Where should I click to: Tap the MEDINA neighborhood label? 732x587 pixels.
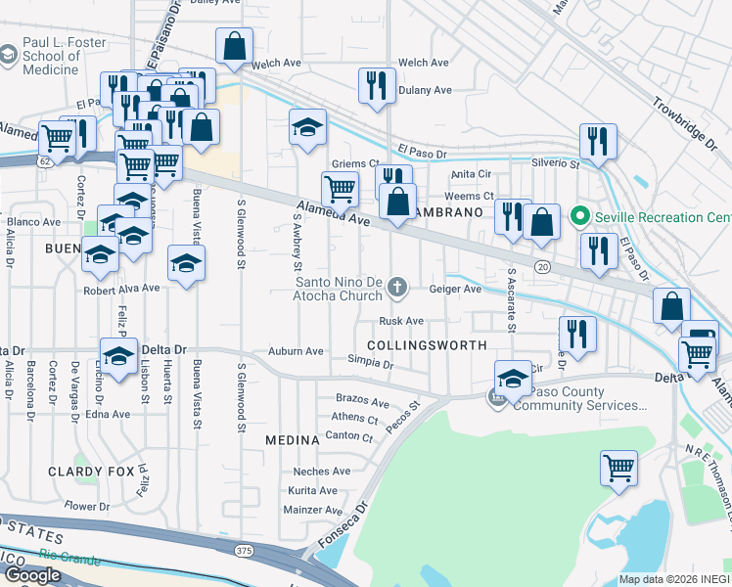point(293,440)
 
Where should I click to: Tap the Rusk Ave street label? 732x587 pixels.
point(402,321)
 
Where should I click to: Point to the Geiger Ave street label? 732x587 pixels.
point(455,289)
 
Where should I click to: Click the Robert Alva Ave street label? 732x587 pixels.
point(121,289)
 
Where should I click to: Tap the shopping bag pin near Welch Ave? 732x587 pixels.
point(235,46)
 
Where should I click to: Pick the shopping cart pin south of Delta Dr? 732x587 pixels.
point(619,470)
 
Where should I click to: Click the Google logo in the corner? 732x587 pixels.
point(32,575)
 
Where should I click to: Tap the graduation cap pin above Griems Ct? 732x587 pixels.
point(307,127)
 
